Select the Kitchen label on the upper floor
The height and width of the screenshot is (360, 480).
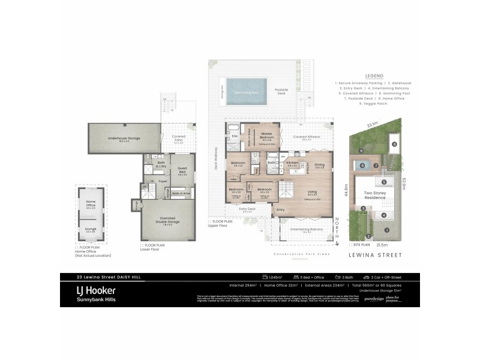[292, 163]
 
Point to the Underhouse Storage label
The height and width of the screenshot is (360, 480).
[124, 139]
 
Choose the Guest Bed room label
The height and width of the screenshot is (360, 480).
[182, 172]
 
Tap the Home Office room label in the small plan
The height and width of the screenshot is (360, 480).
[91, 202]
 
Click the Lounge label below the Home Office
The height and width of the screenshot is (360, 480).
[91, 229]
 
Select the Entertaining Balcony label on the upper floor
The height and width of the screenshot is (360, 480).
[307, 230]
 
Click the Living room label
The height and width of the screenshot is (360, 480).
[312, 193]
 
